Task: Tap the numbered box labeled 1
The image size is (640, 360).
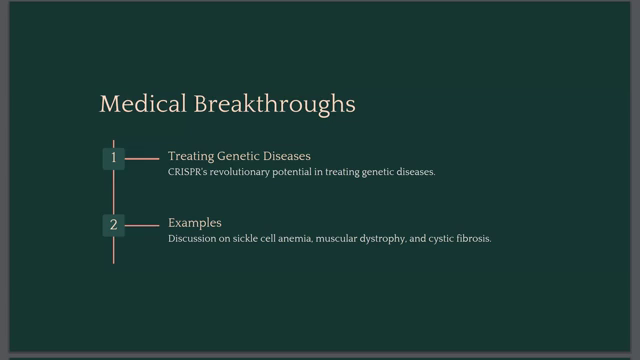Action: [x=114, y=158]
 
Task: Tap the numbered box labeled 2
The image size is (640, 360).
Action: [x=114, y=224]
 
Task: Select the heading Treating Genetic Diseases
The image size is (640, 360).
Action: [x=239, y=157]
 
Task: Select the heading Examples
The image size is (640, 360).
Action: [x=194, y=222]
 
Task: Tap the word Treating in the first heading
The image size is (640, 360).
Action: [x=187, y=157]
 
